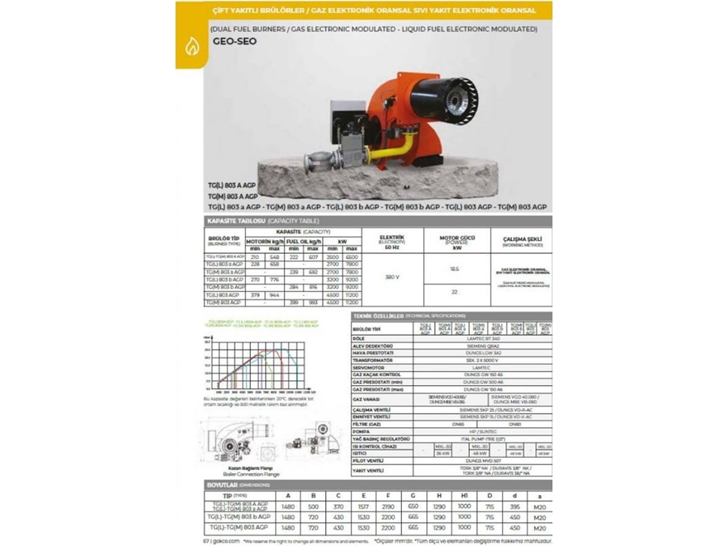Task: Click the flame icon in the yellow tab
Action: click(x=191, y=47)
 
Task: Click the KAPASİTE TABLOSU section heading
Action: click(x=233, y=220)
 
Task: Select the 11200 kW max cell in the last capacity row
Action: click(x=351, y=303)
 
